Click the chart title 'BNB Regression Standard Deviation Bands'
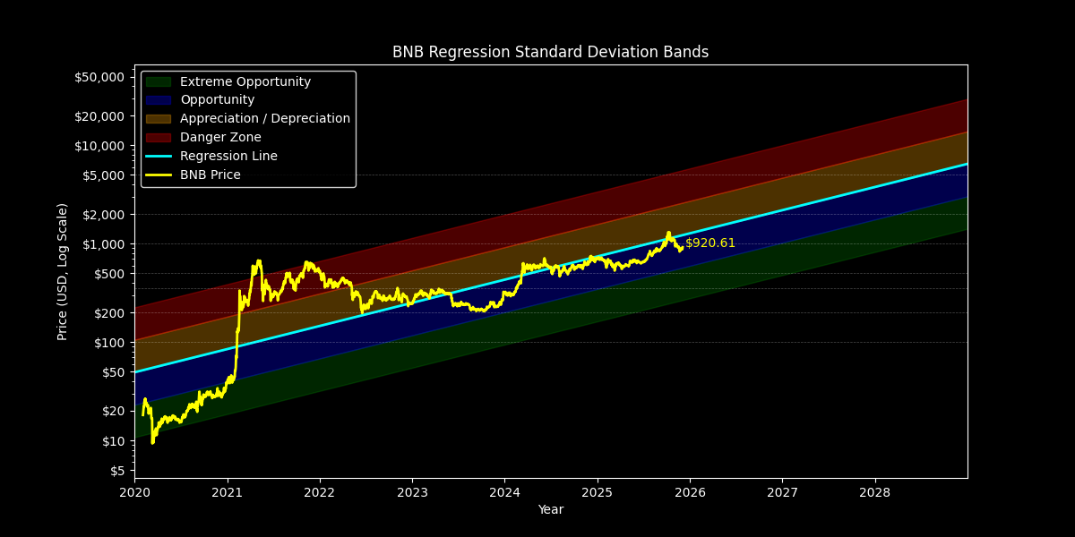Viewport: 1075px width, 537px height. [550, 52]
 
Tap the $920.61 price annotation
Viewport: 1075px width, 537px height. [710, 243]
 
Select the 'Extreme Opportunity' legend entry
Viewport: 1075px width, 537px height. [245, 81]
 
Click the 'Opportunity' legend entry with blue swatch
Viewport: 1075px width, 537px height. [217, 100]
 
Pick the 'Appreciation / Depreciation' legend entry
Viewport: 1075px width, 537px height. [265, 119]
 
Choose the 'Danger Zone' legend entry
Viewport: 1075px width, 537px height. [220, 138]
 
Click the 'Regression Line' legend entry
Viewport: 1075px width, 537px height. [228, 157]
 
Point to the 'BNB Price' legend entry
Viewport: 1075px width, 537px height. [210, 175]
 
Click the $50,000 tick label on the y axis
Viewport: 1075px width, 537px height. [99, 77]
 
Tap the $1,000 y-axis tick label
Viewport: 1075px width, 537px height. [103, 244]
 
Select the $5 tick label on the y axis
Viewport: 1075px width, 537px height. [118, 471]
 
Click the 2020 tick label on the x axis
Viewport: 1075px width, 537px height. [134, 492]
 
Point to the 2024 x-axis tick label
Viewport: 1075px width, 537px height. [504, 492]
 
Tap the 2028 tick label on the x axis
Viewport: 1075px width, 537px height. [874, 492]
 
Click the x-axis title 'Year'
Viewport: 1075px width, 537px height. [550, 510]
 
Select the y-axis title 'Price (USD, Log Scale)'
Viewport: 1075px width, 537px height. [63, 271]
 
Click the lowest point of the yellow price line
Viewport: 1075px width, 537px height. [152, 442]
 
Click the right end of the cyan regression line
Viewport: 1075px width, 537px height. [967, 164]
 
